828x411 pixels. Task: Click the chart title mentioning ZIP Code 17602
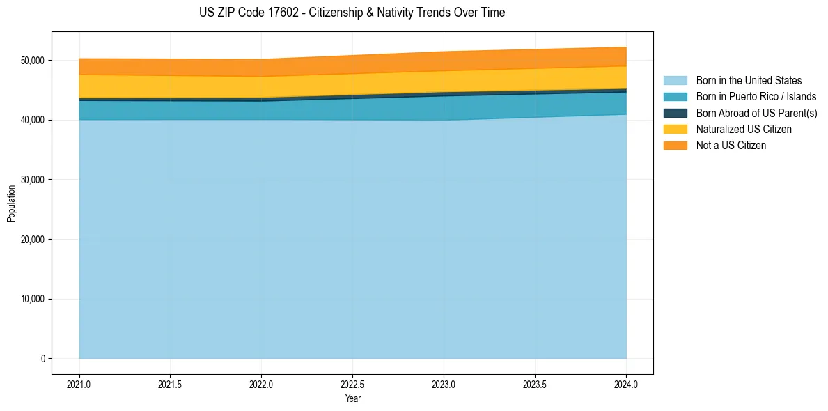(x=352, y=13)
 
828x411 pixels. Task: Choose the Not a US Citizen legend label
(x=731, y=145)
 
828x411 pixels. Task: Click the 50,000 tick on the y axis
(x=31, y=61)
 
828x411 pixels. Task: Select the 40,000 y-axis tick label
(x=31, y=121)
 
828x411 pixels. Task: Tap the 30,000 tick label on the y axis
(x=31, y=180)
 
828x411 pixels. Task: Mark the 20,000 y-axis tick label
(x=31, y=240)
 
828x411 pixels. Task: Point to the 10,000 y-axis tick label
(x=31, y=300)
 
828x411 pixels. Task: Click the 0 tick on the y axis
(x=42, y=359)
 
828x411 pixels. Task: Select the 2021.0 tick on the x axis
(x=79, y=383)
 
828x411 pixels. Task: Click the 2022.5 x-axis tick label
(x=353, y=383)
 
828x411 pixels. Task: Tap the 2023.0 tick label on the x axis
(x=444, y=383)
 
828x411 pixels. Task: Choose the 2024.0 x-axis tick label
(x=626, y=383)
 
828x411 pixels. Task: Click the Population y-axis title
(x=11, y=203)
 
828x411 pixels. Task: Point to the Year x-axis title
(x=352, y=398)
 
